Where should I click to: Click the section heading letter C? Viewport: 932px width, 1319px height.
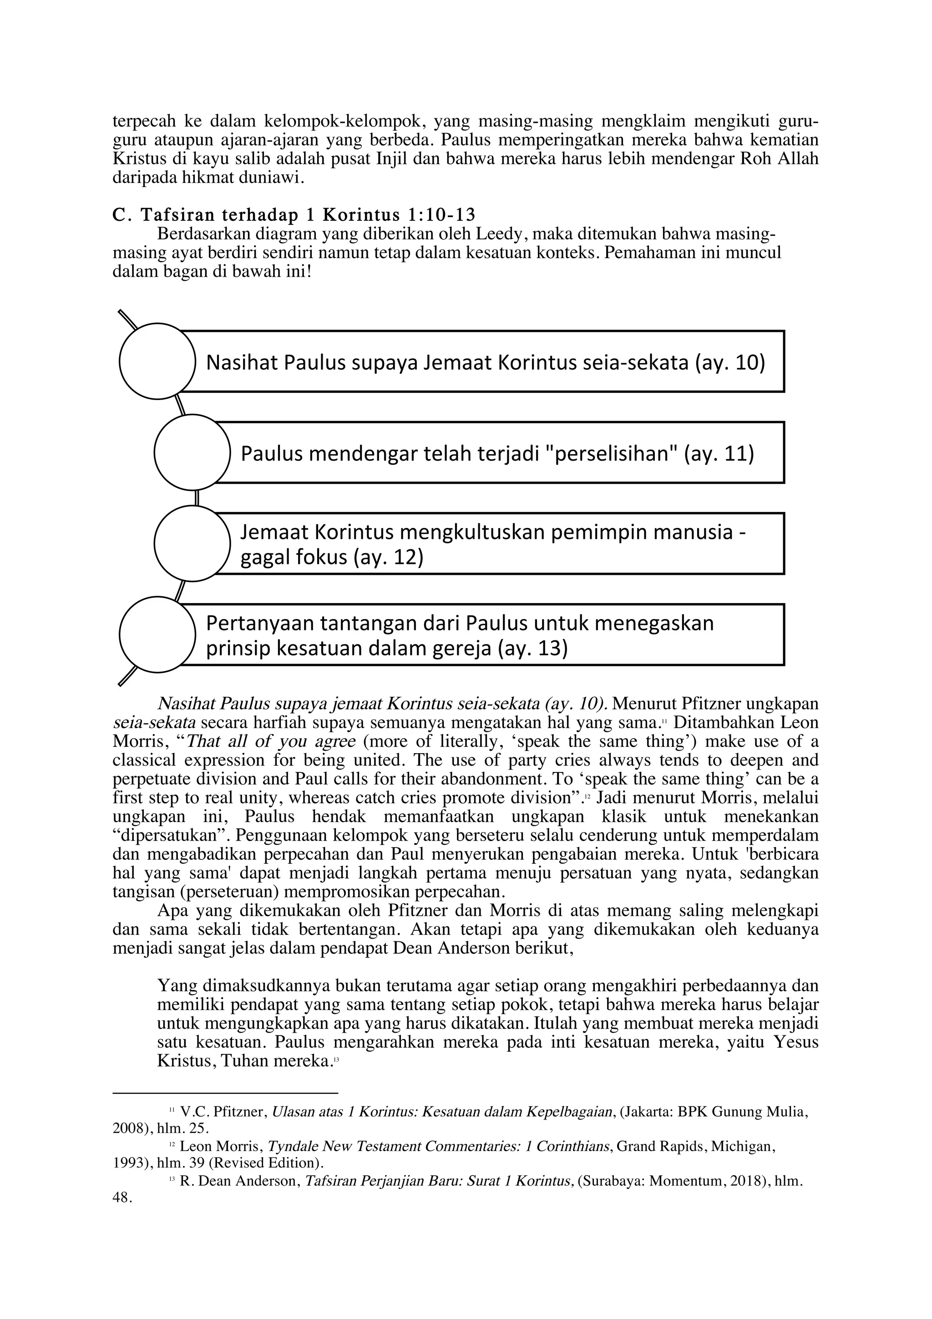click(x=119, y=215)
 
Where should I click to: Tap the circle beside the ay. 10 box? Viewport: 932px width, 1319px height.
click(x=157, y=361)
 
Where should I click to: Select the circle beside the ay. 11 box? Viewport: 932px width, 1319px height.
click(x=192, y=452)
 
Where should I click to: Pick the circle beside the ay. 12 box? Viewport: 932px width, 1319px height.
click(x=192, y=543)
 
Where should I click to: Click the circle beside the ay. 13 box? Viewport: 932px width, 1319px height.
click(x=157, y=634)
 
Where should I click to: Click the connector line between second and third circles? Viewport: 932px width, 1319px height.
click(x=197, y=497)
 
